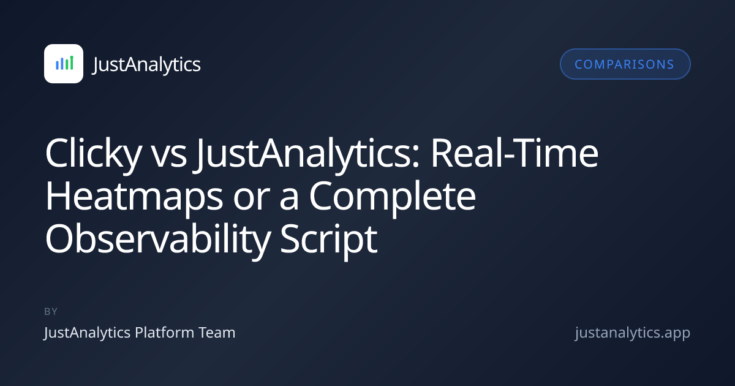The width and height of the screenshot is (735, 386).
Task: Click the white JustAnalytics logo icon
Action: point(64,64)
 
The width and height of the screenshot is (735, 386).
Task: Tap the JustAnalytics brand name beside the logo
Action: point(146,65)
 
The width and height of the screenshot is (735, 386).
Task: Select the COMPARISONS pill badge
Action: point(625,64)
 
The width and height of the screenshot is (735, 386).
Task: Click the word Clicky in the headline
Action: point(94,154)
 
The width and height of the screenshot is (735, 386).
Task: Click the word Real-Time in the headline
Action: point(514,153)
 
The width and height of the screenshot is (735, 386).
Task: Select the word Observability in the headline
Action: point(158,240)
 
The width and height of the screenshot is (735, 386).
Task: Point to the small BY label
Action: point(51,311)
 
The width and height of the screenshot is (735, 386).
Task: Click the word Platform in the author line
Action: point(164,333)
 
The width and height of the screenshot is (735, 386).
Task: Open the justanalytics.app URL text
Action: point(633,333)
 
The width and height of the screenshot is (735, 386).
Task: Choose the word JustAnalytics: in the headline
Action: point(307,154)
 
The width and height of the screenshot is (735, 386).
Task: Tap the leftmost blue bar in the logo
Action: point(57,65)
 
